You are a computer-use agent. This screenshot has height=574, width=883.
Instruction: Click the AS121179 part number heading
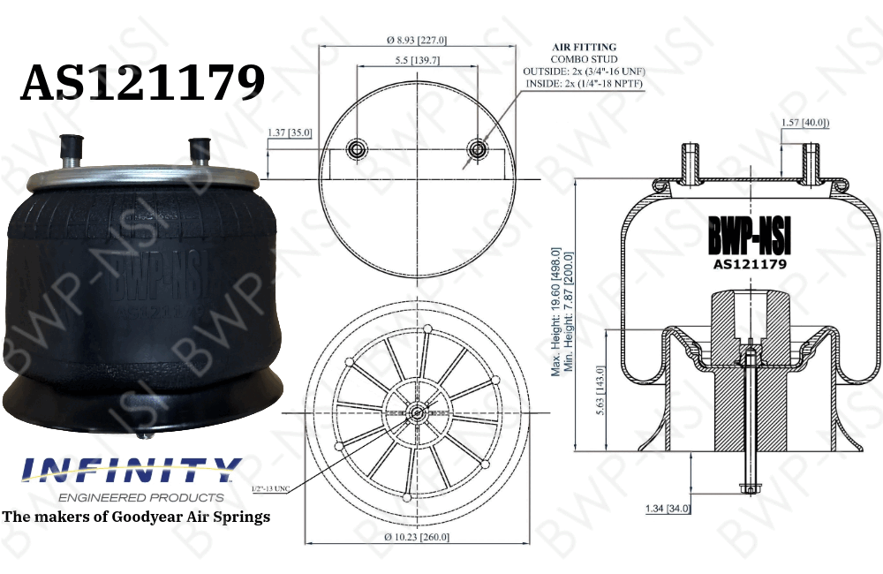point(142,83)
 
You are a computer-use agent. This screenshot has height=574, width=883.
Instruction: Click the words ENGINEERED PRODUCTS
point(132,497)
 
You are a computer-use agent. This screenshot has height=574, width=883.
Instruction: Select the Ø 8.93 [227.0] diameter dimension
point(418,40)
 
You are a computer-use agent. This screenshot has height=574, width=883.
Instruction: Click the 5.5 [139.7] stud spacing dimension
point(417,60)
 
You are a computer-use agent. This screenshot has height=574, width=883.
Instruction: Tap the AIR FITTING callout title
point(585,47)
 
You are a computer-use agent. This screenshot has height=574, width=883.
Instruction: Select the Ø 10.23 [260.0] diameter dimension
point(418,537)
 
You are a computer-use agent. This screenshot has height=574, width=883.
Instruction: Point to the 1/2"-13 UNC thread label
point(271,487)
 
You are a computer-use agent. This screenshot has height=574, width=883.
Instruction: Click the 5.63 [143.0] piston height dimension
point(600,391)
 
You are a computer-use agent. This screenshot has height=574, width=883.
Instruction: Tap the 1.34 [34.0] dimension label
point(668,508)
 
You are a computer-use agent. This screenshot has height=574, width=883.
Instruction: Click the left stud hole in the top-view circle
point(357,149)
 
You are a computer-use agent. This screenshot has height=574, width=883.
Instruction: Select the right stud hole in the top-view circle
point(478,149)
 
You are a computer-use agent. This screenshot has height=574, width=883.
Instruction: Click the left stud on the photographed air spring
point(70,149)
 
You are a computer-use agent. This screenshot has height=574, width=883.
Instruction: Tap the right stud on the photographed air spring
point(200,151)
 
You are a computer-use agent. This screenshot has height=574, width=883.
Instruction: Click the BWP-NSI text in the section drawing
point(750,236)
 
